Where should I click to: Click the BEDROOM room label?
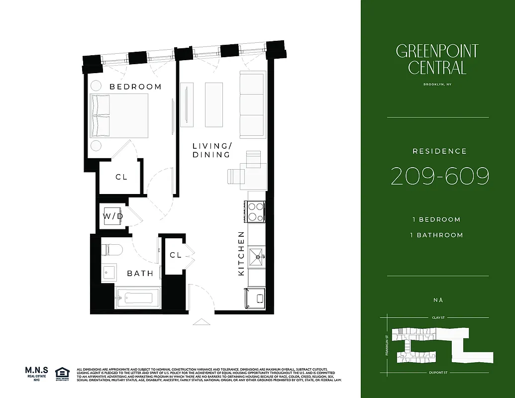[135, 87]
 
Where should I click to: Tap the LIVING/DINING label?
[212, 150]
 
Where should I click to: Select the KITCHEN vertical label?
[241, 254]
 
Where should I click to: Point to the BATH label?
[137, 273]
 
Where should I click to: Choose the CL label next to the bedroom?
[121, 177]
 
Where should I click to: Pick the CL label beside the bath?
[175, 255]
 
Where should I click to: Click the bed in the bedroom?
[119, 115]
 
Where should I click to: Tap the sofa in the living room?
[252, 104]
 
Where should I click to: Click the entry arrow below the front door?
[201, 322]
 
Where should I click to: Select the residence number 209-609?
[440, 177]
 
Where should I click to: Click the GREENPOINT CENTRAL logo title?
[437, 59]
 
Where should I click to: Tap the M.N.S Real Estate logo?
[36, 374]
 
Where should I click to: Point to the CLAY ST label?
[437, 317]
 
